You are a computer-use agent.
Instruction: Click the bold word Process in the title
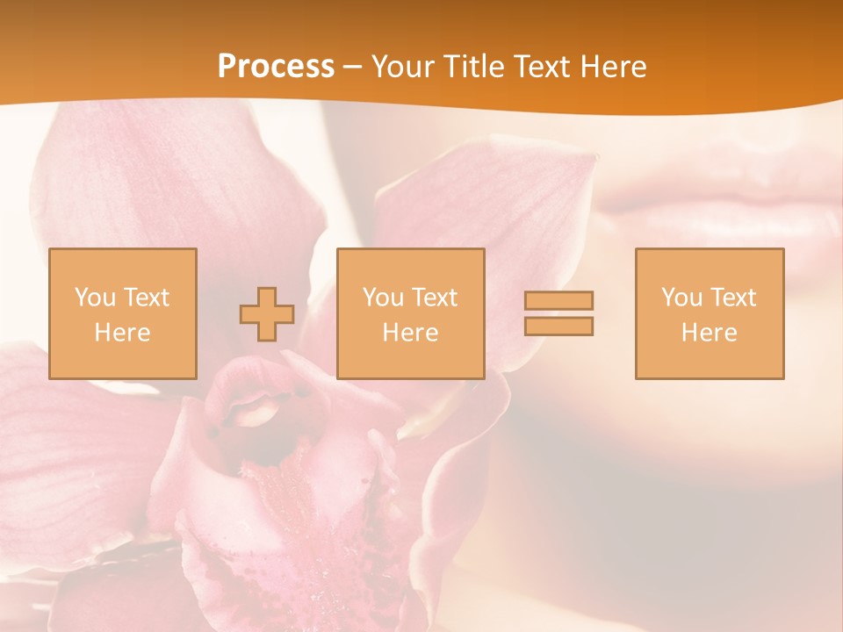276,67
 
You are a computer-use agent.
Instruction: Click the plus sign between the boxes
267,314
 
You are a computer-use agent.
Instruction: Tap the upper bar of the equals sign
558,300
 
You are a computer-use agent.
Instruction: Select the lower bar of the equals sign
558,326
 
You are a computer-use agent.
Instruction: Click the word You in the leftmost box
94,298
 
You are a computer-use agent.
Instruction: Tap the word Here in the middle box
410,333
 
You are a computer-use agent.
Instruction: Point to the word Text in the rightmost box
732,298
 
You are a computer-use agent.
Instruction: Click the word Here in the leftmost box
122,333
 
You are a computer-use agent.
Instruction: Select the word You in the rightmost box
681,298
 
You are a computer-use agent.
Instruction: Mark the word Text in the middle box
434,298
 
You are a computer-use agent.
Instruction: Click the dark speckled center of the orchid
290,518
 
